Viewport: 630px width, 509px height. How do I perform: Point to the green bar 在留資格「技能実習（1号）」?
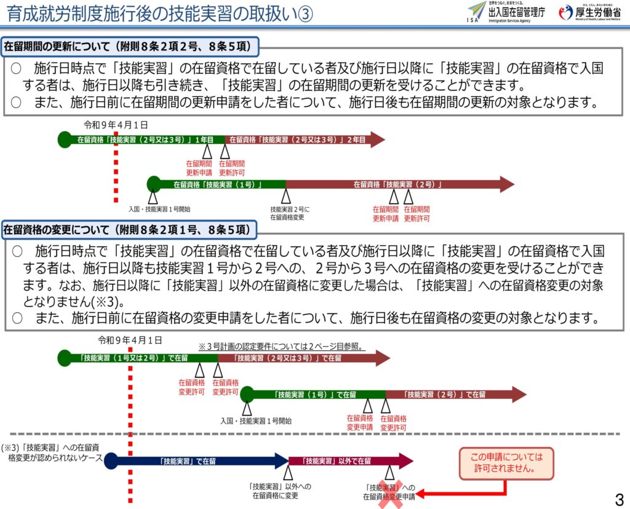click(218, 184)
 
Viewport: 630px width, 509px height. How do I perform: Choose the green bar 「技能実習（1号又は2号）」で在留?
click(139, 358)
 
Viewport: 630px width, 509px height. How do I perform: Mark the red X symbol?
click(389, 492)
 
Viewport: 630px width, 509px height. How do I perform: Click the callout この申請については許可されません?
click(506, 463)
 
